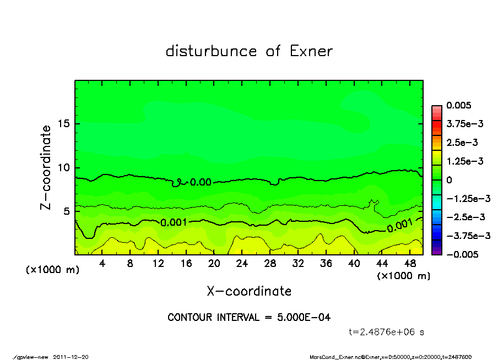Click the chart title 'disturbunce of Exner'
(x=249, y=51)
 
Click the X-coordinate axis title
(x=249, y=291)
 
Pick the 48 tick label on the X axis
(x=410, y=264)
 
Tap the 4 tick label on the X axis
(x=102, y=264)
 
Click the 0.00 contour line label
(x=201, y=182)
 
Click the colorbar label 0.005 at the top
(x=459, y=105)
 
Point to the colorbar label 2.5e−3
(x=462, y=143)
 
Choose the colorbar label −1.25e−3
(x=464, y=198)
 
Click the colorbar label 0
(x=450, y=180)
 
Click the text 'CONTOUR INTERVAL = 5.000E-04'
(x=249, y=318)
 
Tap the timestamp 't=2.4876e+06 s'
(x=386, y=332)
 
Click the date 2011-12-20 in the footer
(x=71, y=357)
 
